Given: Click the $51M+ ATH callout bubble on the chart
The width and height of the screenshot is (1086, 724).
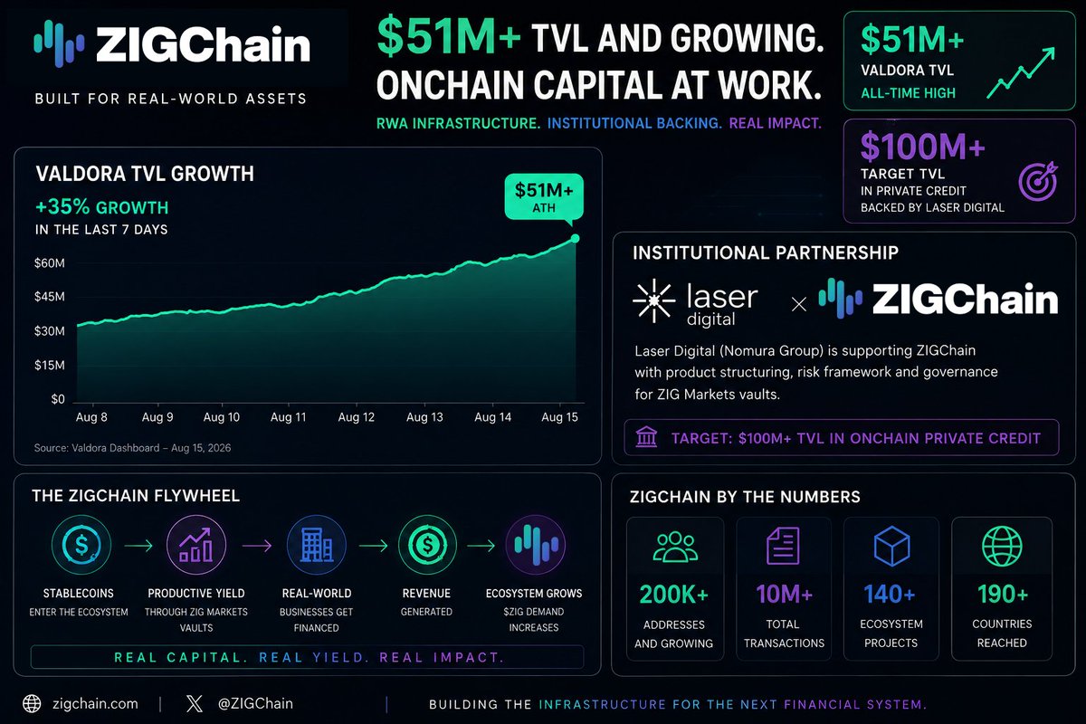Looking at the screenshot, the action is coord(544,197).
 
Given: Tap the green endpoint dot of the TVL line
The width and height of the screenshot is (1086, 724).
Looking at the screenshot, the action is coord(575,238).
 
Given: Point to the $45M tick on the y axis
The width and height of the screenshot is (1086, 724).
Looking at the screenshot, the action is coord(50,297).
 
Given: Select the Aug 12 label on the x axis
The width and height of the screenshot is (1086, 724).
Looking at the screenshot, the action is coord(357,417).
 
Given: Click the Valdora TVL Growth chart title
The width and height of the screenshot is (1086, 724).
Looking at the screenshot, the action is coord(145,174).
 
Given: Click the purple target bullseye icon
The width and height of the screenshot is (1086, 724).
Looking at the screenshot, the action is coord(1038,181).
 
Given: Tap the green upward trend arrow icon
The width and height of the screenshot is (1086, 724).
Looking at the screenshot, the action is coord(1021,72).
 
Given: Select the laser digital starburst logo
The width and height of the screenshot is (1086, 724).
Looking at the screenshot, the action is coord(654,300).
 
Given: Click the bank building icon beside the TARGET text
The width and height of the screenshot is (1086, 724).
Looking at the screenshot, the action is coord(646,436).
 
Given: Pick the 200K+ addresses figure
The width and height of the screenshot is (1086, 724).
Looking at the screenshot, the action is coord(674,594).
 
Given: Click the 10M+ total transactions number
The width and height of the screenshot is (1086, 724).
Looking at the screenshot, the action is coord(784,594).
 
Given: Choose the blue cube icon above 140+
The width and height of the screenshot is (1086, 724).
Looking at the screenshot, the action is coord(891,546).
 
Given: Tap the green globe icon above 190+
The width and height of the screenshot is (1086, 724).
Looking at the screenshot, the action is coord(1002,546).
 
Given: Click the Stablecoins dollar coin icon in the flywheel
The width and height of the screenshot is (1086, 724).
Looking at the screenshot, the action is coord(81,545).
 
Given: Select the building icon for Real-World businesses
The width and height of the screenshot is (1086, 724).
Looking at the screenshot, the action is coord(317,545).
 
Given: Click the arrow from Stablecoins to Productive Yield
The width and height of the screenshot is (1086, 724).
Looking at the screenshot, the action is coord(138,546).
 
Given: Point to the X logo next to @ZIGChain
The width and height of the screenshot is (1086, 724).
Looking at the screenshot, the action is coord(195,703).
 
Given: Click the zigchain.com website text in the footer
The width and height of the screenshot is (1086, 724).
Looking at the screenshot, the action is coord(95,703).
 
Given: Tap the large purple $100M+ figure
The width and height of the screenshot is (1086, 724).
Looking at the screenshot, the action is coord(922,147).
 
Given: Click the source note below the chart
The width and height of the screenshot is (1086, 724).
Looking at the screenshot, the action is coord(132,448).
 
